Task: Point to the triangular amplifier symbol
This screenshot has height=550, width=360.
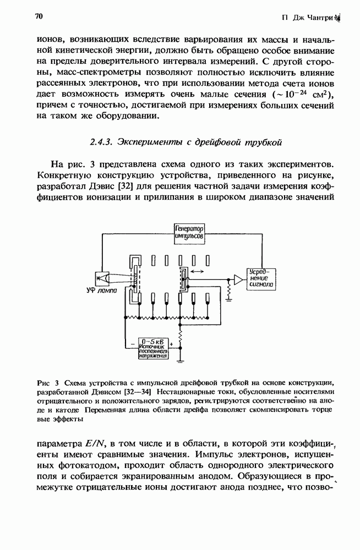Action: point(238,279)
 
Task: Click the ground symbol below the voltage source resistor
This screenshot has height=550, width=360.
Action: point(181,361)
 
